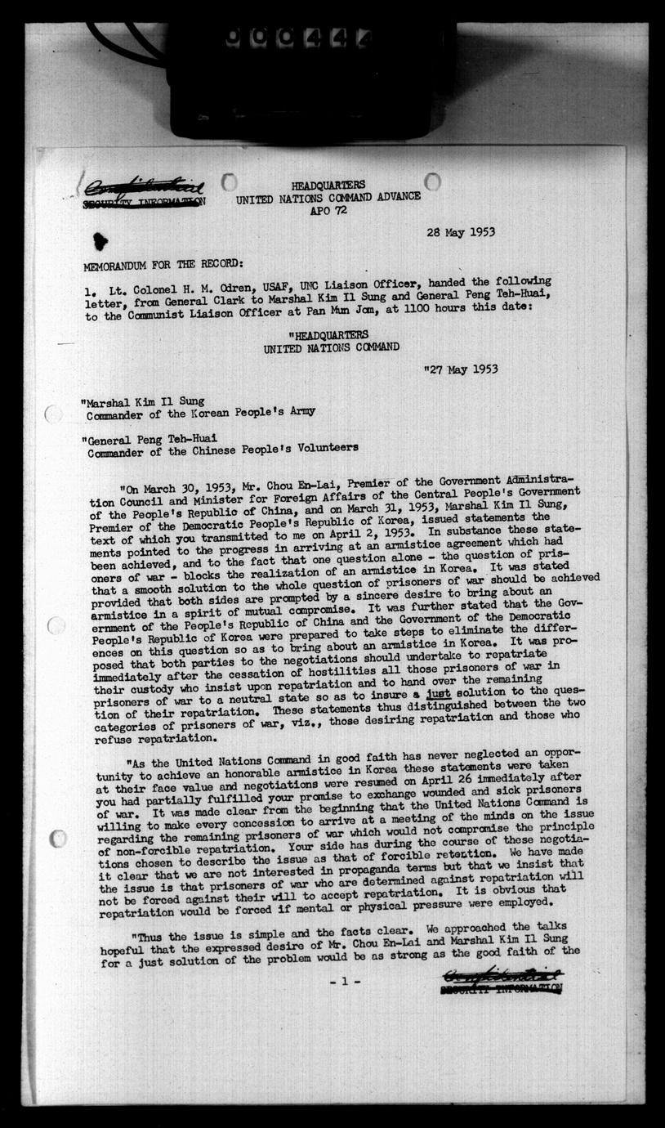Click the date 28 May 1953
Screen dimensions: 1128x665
point(460,232)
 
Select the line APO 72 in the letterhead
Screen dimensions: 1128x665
point(328,209)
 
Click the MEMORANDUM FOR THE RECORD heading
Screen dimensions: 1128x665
point(162,265)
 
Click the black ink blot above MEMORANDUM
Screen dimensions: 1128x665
point(100,240)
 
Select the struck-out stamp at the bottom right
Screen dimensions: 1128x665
point(501,981)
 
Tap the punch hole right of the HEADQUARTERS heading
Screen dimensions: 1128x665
point(432,181)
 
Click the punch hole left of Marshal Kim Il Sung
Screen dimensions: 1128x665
point(54,414)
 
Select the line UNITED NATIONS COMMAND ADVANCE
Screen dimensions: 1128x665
point(328,197)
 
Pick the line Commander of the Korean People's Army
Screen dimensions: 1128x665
point(201,413)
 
